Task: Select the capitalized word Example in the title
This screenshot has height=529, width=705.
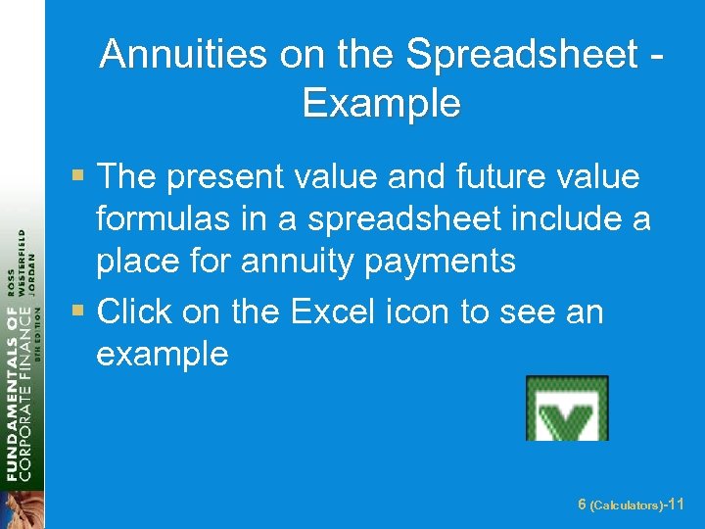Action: coord(381,102)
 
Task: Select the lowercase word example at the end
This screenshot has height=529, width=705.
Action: coord(162,354)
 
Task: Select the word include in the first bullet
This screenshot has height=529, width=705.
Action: coord(536,219)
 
